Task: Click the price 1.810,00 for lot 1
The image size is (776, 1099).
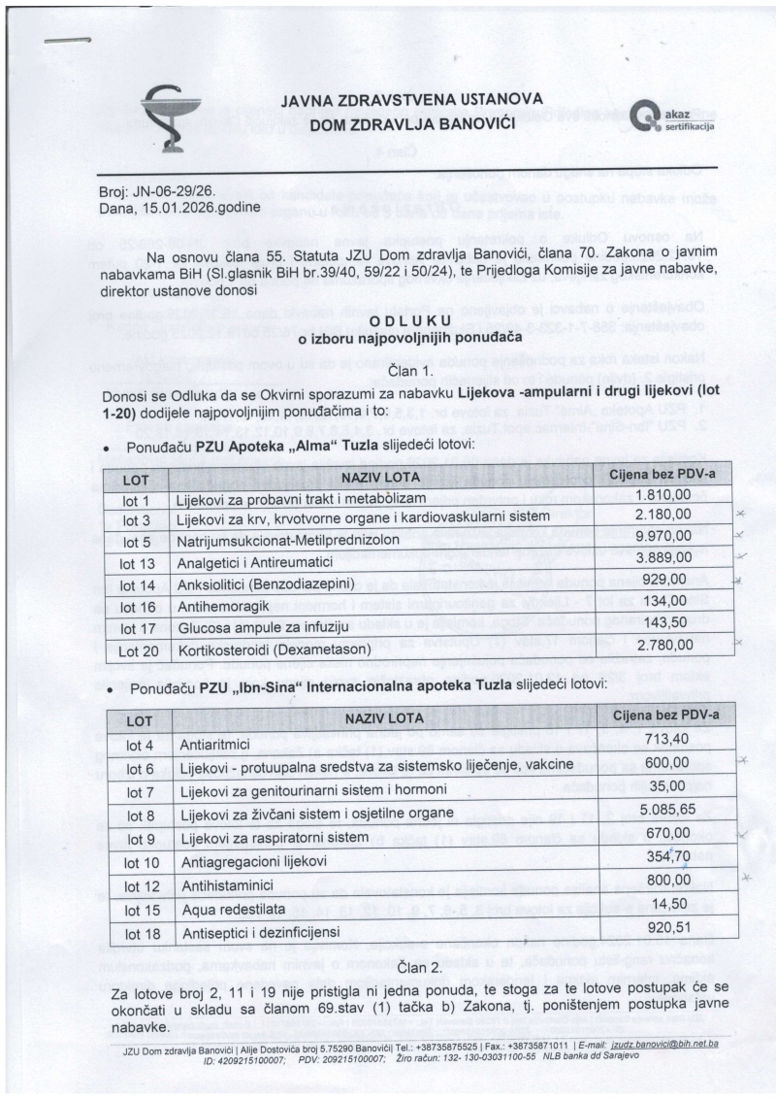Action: tap(663, 494)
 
